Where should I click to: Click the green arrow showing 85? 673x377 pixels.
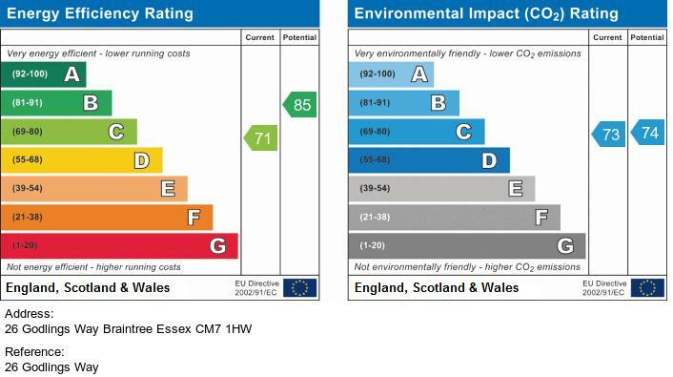click(x=300, y=104)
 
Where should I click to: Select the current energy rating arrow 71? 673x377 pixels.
click(x=261, y=138)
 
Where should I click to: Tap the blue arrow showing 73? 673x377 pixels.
click(x=608, y=135)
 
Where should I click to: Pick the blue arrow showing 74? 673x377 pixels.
click(x=647, y=133)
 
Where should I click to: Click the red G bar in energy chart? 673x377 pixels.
click(x=119, y=246)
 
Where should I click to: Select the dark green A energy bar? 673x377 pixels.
click(x=43, y=74)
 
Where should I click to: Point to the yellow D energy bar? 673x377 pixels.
click(x=82, y=160)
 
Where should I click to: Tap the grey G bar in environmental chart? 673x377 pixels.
click(x=467, y=246)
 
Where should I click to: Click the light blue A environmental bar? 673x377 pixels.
click(x=391, y=74)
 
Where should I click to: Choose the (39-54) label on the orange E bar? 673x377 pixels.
click(x=28, y=188)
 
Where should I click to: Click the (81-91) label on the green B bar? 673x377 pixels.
click(x=28, y=103)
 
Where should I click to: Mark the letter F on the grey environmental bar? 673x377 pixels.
click(x=541, y=217)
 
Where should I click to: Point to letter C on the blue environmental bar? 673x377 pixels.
click(x=463, y=132)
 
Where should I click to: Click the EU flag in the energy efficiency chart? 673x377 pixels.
click(x=300, y=288)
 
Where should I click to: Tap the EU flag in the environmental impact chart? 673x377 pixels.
click(x=647, y=288)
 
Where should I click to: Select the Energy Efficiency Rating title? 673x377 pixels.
click(x=100, y=13)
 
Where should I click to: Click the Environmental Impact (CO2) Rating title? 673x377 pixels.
click(x=486, y=13)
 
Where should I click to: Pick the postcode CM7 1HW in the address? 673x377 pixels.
click(x=224, y=329)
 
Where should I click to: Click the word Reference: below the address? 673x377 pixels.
click(x=34, y=352)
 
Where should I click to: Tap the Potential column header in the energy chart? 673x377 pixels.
click(x=299, y=37)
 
